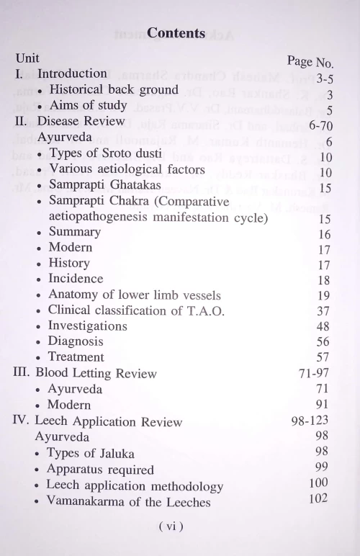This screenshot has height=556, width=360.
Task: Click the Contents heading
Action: (x=176, y=32)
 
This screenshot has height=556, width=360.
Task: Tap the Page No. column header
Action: (x=319, y=63)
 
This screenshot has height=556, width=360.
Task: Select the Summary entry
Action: (x=74, y=233)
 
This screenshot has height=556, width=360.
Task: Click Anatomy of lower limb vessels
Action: (x=134, y=295)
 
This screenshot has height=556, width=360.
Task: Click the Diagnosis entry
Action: (x=76, y=341)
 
